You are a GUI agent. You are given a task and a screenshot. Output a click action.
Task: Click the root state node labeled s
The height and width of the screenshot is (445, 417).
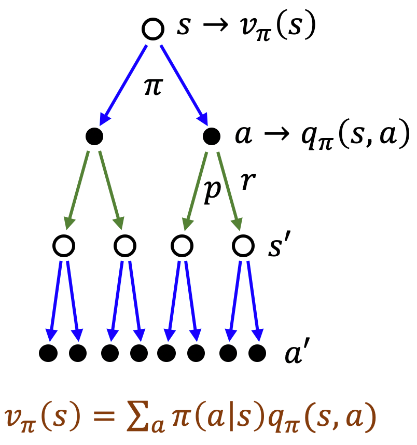click(x=153, y=29)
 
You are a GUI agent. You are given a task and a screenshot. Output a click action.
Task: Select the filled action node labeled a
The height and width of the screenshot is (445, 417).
click(x=212, y=136)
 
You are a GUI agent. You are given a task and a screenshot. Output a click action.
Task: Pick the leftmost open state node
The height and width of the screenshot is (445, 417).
click(x=64, y=245)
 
